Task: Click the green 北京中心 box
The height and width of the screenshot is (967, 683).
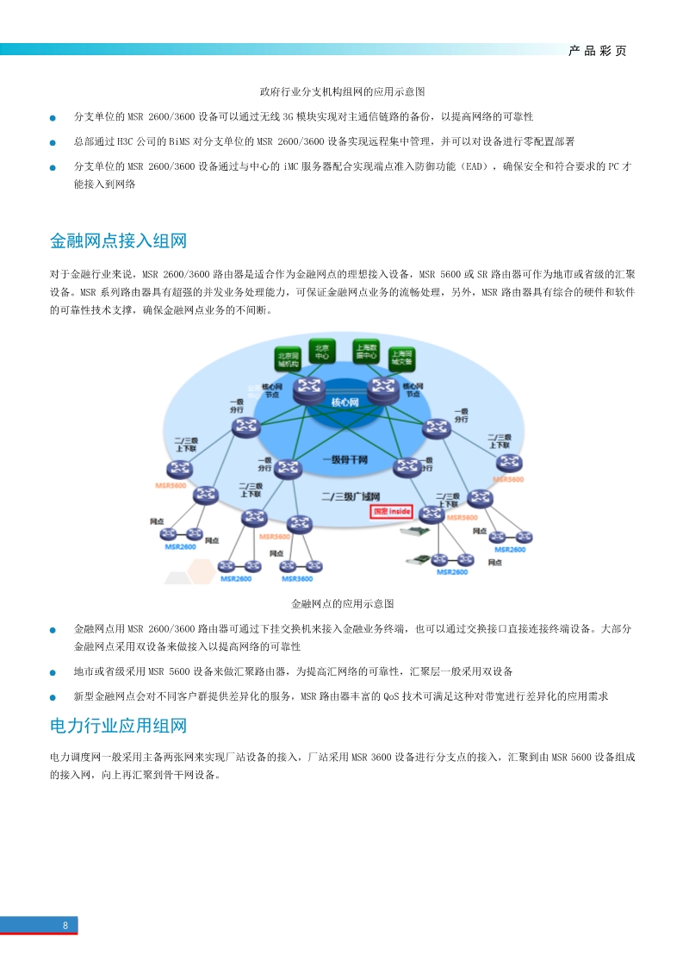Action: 322,351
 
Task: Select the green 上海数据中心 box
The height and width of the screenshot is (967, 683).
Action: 366,351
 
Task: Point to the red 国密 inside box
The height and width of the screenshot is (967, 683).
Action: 392,511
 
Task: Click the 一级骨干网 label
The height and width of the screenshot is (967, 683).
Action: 345,460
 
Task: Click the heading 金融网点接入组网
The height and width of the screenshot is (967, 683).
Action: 119,240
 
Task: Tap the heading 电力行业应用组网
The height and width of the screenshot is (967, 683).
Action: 119,726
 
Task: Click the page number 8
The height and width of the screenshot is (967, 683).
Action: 65,926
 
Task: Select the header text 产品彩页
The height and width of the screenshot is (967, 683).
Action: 598,51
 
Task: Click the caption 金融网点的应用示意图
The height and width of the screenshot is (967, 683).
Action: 342,603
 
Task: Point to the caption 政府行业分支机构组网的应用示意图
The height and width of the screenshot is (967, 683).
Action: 342,91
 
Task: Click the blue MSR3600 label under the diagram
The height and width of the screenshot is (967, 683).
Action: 299,579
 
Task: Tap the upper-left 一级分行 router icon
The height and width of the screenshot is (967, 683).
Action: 248,425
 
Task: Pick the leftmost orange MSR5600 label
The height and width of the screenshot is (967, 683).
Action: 171,486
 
